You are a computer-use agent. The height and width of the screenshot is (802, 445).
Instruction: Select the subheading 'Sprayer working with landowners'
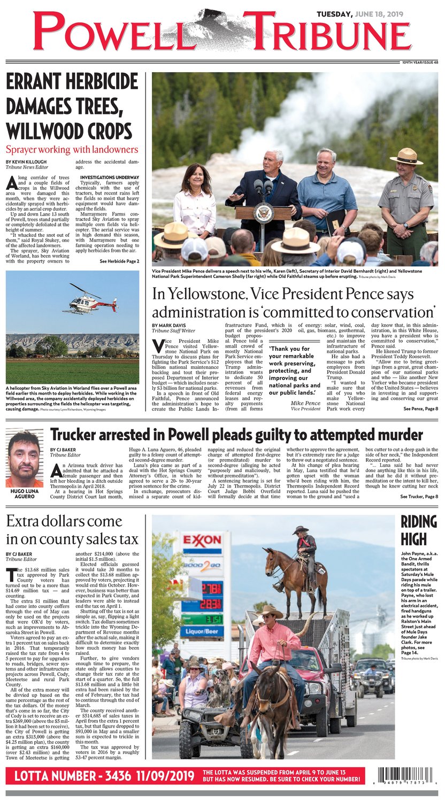(x=72, y=150)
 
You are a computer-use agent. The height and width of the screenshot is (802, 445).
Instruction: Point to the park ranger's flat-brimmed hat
(x=406, y=157)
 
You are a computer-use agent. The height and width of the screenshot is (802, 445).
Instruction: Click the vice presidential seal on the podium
(x=263, y=213)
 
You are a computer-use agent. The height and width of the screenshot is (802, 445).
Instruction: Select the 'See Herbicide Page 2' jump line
(x=119, y=261)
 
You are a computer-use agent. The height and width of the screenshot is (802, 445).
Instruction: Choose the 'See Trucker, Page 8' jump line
(x=419, y=497)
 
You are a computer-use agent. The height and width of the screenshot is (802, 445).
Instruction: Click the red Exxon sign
(x=202, y=540)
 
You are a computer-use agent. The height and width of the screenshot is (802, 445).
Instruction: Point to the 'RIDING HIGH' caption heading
(x=419, y=530)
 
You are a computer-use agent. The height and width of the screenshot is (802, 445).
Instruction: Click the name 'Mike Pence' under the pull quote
(x=305, y=403)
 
